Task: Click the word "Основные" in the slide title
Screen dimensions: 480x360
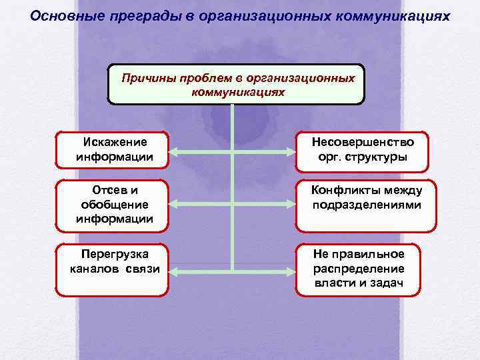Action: tap(63, 14)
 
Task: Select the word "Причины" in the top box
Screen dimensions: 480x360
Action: tap(147, 78)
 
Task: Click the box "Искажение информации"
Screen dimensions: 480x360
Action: tap(113, 150)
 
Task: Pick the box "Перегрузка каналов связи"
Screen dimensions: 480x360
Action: tap(113, 269)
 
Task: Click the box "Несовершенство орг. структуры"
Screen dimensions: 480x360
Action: tap(362, 150)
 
